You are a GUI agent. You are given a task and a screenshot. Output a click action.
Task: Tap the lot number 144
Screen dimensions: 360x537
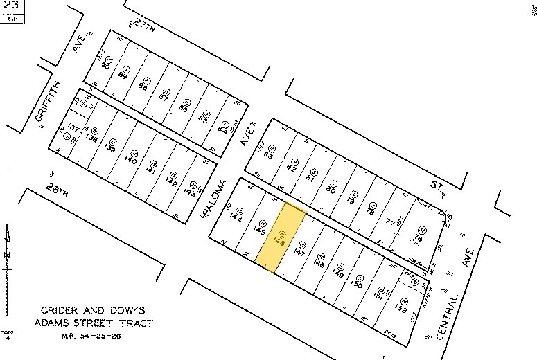point(238,216)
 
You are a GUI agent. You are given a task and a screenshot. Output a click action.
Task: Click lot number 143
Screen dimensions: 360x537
point(190,192)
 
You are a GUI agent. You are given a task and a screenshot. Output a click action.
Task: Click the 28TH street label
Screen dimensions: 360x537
point(60,192)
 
